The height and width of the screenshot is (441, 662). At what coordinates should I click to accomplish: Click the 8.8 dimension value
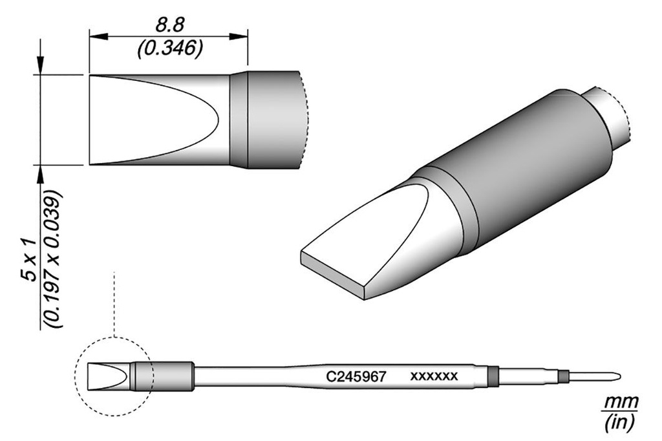tap(170, 27)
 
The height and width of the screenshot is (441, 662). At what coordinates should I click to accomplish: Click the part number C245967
tap(357, 376)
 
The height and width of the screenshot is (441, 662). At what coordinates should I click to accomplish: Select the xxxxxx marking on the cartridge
tap(434, 376)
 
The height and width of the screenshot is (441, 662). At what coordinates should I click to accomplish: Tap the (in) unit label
tap(620, 422)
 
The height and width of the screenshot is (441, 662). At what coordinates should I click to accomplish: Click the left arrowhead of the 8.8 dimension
tap(99, 37)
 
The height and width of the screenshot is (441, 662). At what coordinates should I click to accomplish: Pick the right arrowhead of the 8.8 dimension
tap(238, 37)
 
